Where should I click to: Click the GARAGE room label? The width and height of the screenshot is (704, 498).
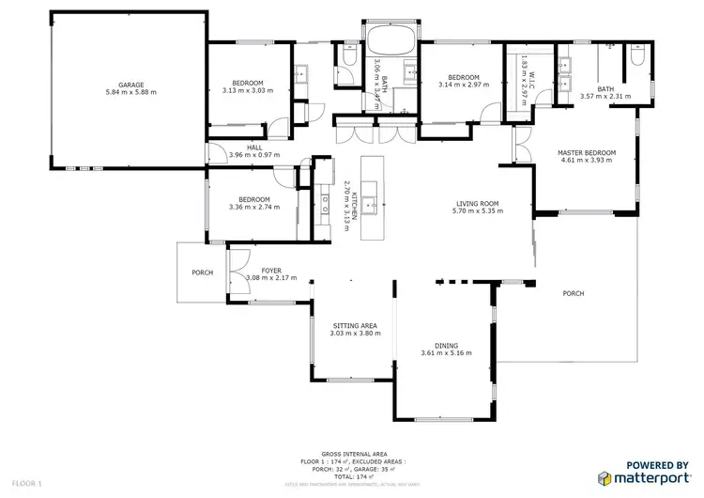(130, 85)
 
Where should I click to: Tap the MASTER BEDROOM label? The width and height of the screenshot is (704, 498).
(587, 152)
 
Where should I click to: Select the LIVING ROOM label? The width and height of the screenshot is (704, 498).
(477, 203)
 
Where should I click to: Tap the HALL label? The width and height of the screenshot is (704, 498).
(254, 147)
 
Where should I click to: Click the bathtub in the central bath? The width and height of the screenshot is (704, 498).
(390, 40)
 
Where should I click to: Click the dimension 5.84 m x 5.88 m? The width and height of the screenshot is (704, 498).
(130, 93)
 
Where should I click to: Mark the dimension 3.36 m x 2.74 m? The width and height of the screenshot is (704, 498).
(254, 207)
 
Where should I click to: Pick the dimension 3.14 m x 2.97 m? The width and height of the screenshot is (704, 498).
(464, 86)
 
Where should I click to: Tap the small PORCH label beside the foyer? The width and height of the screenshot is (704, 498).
(202, 272)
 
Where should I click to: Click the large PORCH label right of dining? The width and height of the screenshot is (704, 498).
(573, 293)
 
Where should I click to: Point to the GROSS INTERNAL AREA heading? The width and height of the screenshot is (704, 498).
(352, 451)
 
